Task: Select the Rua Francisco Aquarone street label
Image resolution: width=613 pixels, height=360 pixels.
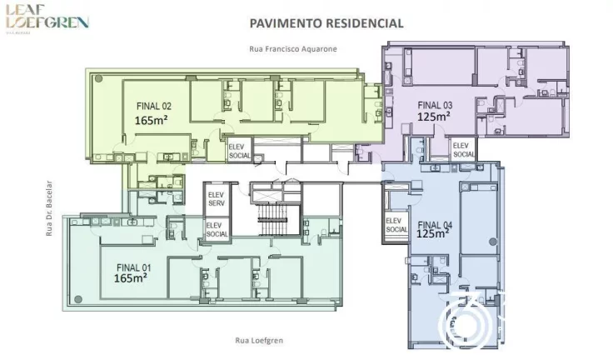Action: (292, 49)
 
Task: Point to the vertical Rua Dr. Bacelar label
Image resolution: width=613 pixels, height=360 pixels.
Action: (49, 208)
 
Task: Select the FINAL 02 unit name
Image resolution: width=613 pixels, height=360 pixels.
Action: (154, 107)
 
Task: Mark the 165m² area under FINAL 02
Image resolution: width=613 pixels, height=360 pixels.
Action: (154, 119)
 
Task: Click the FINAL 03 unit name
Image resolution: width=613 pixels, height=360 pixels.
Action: (435, 105)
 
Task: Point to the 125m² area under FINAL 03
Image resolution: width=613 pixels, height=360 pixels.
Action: (435, 117)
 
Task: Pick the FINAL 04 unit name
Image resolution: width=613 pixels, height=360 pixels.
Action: (435, 224)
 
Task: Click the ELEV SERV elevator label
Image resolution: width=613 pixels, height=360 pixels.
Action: (217, 199)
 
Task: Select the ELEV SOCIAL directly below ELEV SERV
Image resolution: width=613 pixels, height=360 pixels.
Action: (217, 229)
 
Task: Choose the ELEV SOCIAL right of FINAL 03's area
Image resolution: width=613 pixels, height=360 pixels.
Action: (464, 150)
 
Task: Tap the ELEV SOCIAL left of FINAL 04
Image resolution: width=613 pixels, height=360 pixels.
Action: (396, 224)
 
